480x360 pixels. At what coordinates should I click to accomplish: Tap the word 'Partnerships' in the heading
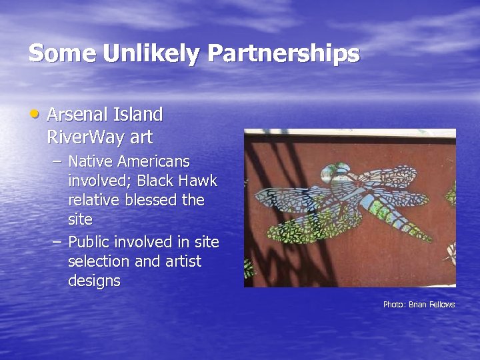point(284,54)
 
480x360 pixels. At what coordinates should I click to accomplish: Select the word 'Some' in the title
point(62,53)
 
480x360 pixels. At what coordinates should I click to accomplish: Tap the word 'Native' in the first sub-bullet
point(91,161)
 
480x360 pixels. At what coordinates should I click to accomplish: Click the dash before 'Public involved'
point(57,241)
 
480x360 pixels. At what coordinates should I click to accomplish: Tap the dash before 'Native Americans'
point(57,161)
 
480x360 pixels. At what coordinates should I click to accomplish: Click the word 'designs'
point(94,281)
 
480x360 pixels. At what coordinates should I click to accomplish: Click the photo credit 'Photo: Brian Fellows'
point(419,305)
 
